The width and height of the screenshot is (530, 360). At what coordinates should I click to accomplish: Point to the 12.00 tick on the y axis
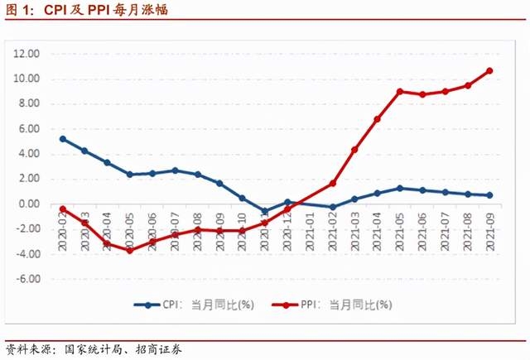(x=26, y=54)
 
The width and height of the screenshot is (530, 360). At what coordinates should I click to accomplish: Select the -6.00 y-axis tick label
(x=27, y=279)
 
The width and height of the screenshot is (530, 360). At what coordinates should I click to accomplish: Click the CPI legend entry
(x=191, y=305)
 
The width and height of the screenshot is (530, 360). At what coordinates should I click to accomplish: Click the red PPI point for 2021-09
(x=489, y=70)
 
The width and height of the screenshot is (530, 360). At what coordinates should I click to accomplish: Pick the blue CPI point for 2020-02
(x=63, y=139)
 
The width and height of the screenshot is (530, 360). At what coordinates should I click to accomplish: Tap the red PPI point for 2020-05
(x=130, y=250)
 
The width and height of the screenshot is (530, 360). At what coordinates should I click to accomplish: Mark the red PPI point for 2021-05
(x=399, y=91)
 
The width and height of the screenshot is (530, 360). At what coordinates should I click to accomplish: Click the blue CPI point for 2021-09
(x=489, y=195)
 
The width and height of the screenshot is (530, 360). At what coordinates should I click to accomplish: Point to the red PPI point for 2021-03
(x=354, y=149)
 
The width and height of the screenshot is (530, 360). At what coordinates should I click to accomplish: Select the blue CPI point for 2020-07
(x=175, y=170)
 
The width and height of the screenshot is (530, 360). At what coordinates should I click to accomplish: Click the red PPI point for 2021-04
(x=377, y=119)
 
